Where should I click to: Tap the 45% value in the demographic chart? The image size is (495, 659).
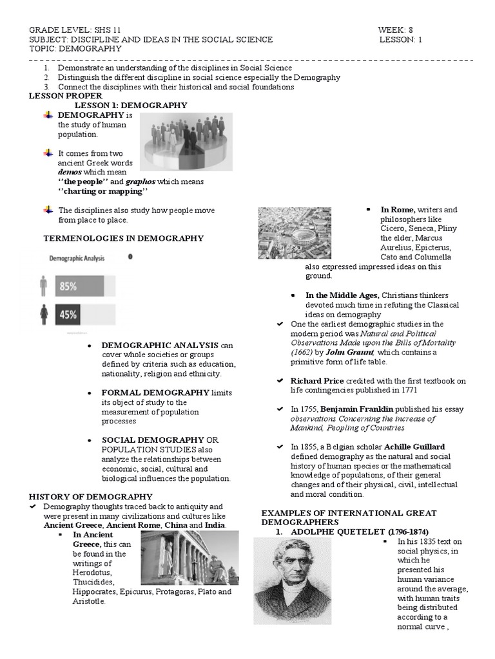[68, 315]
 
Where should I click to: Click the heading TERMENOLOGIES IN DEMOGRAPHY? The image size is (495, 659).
[123, 238]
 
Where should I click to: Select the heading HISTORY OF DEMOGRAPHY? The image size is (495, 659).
[91, 496]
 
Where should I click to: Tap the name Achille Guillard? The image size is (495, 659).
[414, 446]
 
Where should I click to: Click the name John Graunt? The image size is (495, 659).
[349, 352]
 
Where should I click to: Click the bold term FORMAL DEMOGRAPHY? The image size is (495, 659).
[155, 393]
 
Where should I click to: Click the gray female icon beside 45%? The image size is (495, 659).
[44, 314]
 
